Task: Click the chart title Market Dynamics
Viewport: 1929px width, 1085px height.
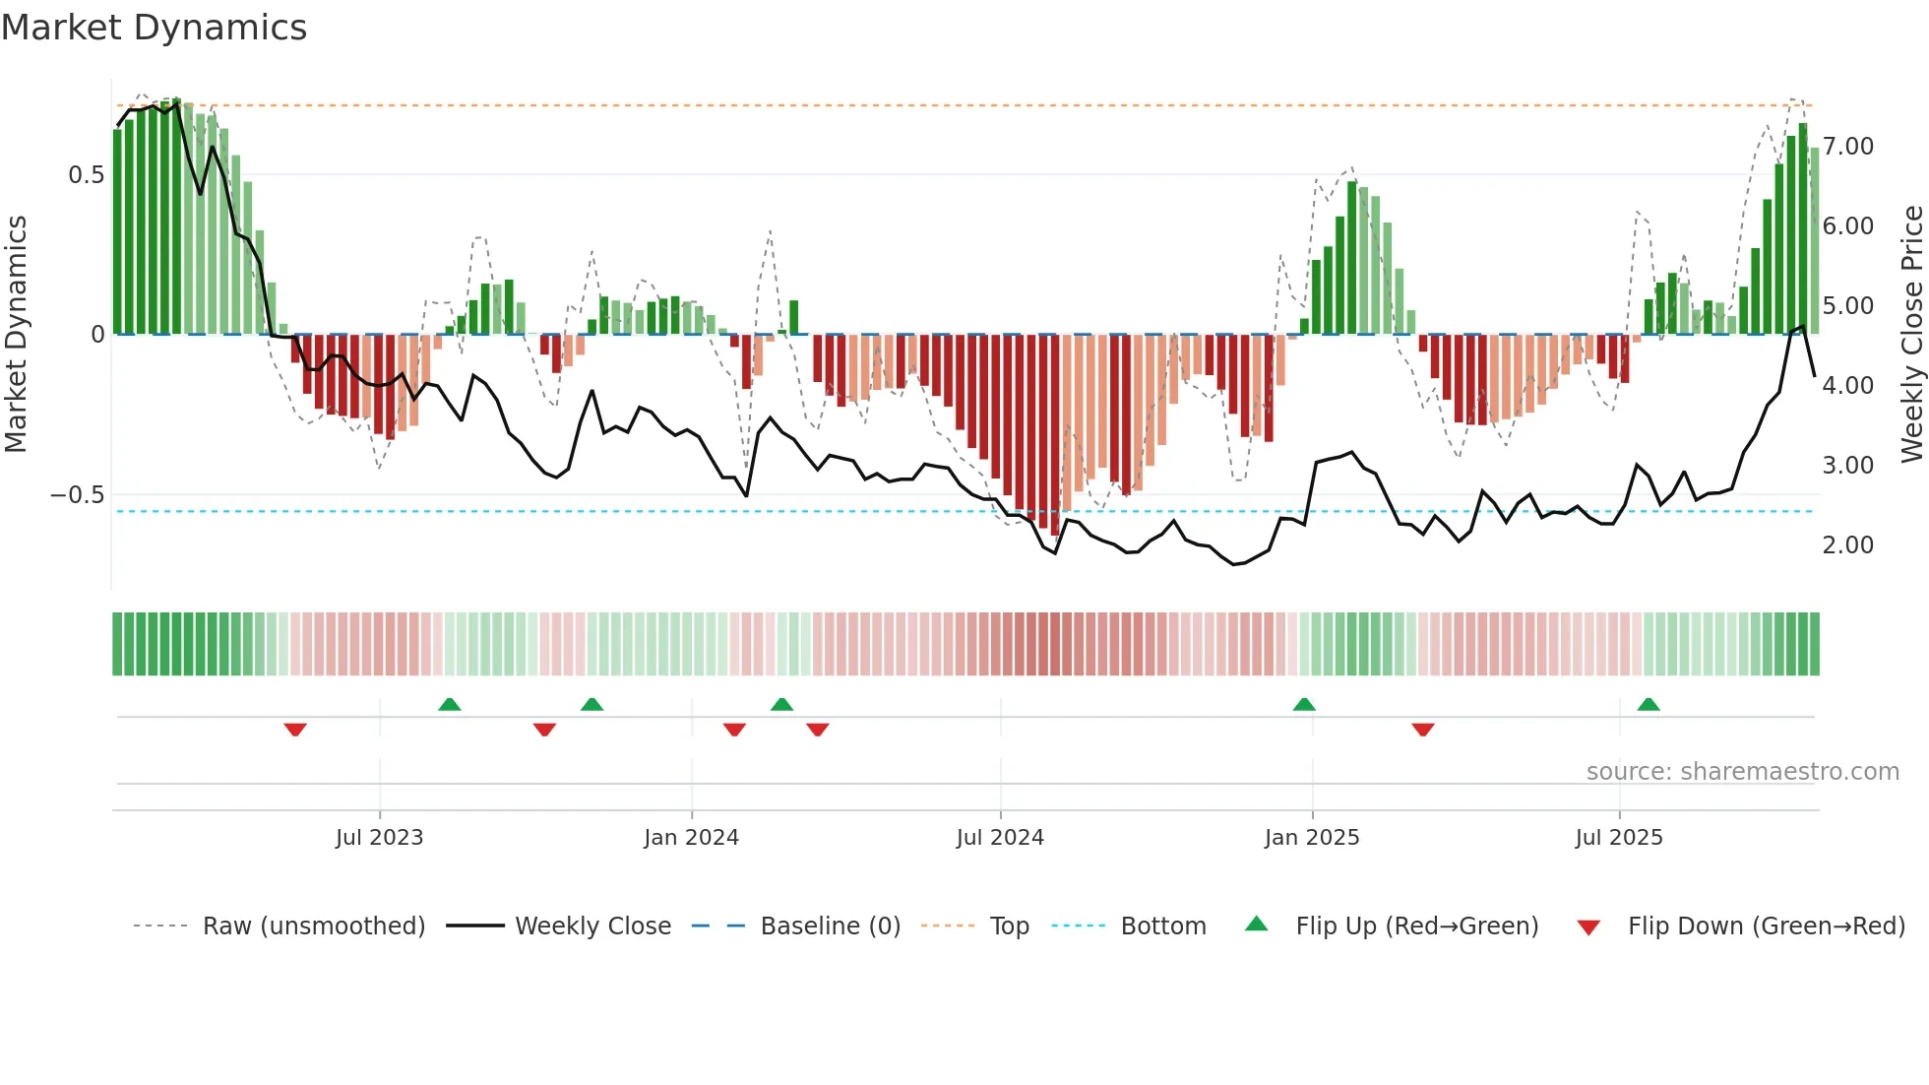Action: (154, 28)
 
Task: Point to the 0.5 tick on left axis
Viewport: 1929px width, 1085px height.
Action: (86, 175)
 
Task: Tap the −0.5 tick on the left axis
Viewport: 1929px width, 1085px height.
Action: (78, 494)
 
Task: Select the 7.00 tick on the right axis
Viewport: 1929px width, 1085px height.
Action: (1847, 147)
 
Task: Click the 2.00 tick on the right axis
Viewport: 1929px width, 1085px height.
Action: (1847, 545)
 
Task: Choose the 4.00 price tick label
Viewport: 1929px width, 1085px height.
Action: (1847, 386)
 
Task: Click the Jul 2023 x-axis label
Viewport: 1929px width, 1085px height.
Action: (379, 838)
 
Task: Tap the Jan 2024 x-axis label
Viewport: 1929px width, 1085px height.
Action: (691, 838)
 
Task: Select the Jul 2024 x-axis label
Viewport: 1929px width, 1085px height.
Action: (1000, 838)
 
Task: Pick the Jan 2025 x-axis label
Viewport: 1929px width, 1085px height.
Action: (1312, 838)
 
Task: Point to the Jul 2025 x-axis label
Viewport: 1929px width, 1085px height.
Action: (1619, 838)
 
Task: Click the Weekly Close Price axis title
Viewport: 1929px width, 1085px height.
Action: (1911, 334)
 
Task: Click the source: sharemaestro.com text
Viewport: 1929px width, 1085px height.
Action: (1742, 772)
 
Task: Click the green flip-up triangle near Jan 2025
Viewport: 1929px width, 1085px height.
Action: (1304, 704)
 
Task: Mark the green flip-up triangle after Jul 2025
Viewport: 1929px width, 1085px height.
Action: (1649, 704)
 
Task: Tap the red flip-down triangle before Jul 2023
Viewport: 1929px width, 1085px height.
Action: (295, 730)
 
